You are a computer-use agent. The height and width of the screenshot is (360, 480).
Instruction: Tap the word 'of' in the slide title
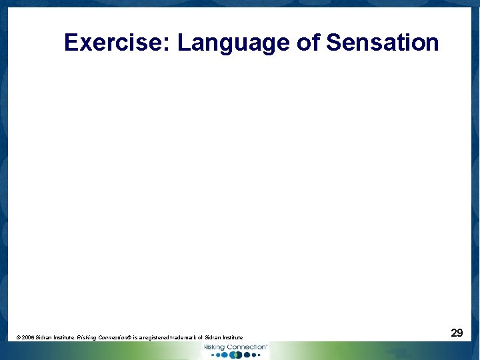pos(308,43)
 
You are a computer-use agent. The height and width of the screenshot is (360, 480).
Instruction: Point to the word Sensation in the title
pos(383,43)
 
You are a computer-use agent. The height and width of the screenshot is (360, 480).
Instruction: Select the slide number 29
pos(457,333)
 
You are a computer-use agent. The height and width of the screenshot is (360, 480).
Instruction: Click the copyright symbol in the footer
pos(18,338)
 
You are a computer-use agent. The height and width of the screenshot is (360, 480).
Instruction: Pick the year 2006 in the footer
pos(28,338)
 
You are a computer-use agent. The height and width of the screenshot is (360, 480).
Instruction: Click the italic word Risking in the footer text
pos(86,338)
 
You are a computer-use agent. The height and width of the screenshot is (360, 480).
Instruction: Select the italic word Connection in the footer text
pos(113,338)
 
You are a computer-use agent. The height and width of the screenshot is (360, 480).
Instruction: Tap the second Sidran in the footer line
pos(213,338)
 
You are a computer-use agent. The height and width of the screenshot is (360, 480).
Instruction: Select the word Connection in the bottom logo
pos(246,347)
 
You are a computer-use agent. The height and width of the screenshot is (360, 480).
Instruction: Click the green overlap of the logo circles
pos(235,355)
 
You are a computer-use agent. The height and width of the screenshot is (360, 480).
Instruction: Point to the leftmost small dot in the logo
pos(213,355)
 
